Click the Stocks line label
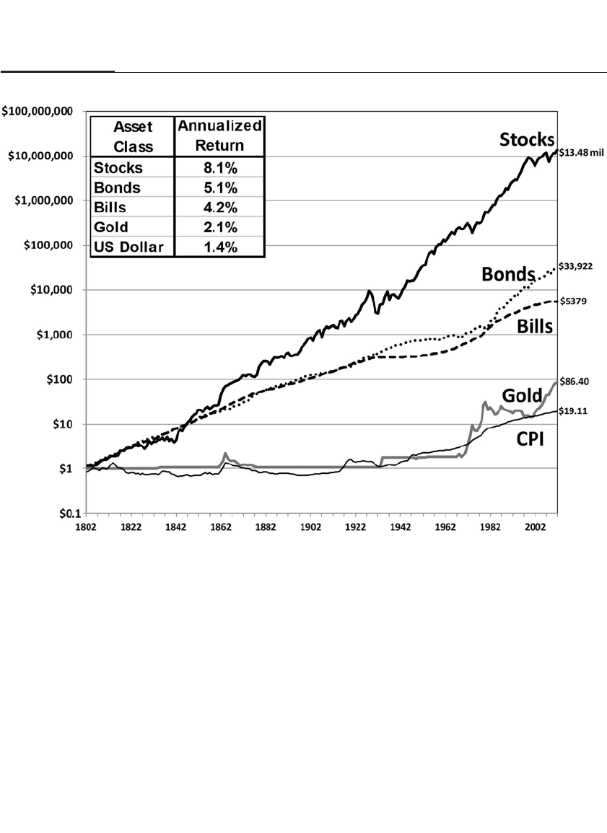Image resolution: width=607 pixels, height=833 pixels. (528, 140)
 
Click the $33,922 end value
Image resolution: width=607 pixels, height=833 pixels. (575, 266)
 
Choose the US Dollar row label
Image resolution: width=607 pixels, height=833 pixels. (128, 247)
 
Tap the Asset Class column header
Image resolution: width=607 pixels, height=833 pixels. (130, 136)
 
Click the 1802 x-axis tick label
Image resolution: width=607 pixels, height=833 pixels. (86, 528)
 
